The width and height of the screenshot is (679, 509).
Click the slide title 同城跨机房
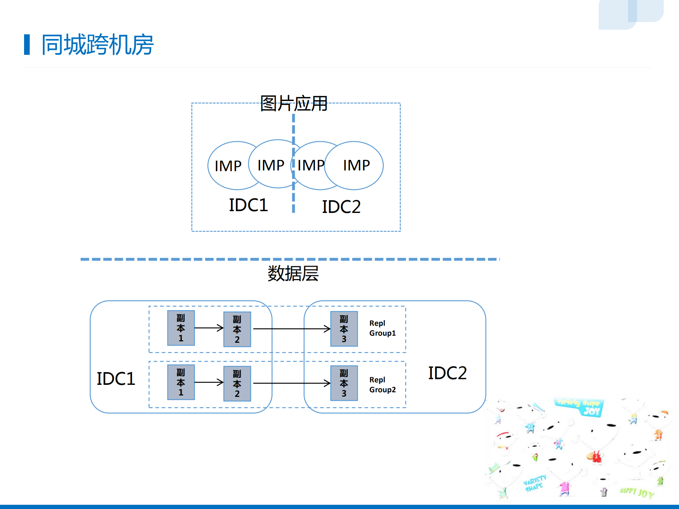(97, 45)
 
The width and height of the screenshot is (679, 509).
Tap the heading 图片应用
(293, 104)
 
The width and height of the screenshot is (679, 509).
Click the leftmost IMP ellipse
(228, 166)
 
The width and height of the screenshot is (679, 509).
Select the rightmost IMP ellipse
(356, 165)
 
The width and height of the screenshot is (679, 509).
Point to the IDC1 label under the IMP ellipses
(248, 205)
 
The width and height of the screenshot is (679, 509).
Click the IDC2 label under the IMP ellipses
(341, 207)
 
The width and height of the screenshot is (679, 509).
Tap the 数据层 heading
(293, 273)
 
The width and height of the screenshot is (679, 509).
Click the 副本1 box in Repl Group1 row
(181, 328)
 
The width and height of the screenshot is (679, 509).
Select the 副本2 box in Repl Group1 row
(237, 329)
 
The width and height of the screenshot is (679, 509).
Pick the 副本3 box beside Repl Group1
(344, 329)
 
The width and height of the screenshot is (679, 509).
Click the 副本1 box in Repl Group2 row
(181, 382)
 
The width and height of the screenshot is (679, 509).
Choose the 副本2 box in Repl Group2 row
(237, 384)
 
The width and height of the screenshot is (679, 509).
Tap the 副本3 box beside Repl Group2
(344, 383)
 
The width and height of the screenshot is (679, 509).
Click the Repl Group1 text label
(382, 328)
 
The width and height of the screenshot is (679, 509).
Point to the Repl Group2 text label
(382, 385)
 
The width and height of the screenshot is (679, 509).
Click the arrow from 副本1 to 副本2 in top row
(209, 328)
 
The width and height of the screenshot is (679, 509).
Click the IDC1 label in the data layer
(116, 379)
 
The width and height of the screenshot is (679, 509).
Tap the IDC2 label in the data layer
(447, 373)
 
